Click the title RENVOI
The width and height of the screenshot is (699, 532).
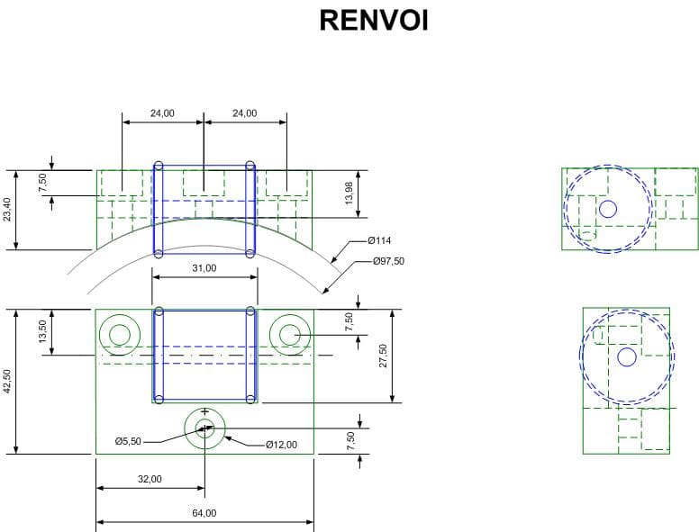click(x=373, y=20)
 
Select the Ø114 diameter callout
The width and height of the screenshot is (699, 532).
click(x=378, y=240)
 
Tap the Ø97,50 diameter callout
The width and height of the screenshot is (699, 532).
click(x=388, y=261)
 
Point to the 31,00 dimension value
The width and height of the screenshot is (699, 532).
click(x=204, y=268)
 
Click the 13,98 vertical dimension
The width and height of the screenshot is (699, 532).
click(x=349, y=193)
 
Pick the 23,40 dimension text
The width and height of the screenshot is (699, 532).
click(x=8, y=210)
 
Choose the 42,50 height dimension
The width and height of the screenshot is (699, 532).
click(x=8, y=381)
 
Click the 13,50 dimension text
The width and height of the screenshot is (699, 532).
click(x=42, y=331)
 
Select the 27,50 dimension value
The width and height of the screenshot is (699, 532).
click(x=383, y=356)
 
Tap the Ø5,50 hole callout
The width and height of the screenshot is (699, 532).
click(x=129, y=442)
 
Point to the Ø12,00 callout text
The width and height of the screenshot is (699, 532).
click(x=281, y=444)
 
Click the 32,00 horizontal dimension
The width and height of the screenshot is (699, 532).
click(x=150, y=479)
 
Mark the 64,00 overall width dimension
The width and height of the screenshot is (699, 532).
click(x=204, y=513)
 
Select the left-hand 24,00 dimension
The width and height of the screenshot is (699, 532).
click(x=162, y=113)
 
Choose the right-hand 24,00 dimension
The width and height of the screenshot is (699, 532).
click(x=244, y=113)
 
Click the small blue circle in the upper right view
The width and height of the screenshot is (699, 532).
click(x=608, y=209)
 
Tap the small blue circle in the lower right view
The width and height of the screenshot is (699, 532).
click(x=627, y=357)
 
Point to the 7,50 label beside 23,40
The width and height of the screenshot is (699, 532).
click(x=42, y=181)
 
